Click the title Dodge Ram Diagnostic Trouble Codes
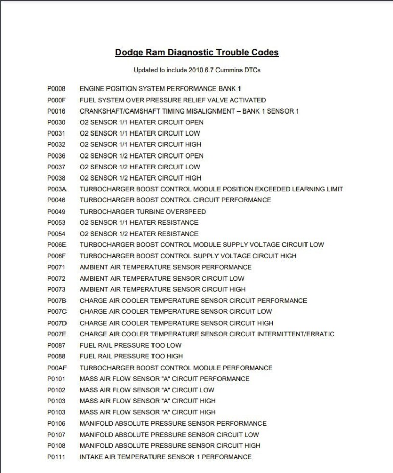pyautogui.click(x=196, y=53)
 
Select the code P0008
pyautogui.click(x=56, y=89)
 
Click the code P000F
pyautogui.click(x=56, y=100)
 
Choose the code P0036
pyautogui.click(x=56, y=156)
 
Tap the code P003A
pyautogui.click(x=56, y=189)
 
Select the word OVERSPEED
pyautogui.click(x=188, y=212)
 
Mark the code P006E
pyautogui.click(x=56, y=245)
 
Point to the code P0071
pyautogui.click(x=56, y=267)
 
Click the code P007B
pyautogui.click(x=56, y=301)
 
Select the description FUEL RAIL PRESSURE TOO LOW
pyautogui.click(x=130, y=346)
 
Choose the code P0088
pyautogui.click(x=56, y=356)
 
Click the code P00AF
pyautogui.click(x=56, y=368)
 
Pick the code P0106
pyautogui.click(x=56, y=424)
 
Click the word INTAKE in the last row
pyautogui.click(x=92, y=457)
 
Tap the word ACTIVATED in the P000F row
pyautogui.click(x=247, y=100)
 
